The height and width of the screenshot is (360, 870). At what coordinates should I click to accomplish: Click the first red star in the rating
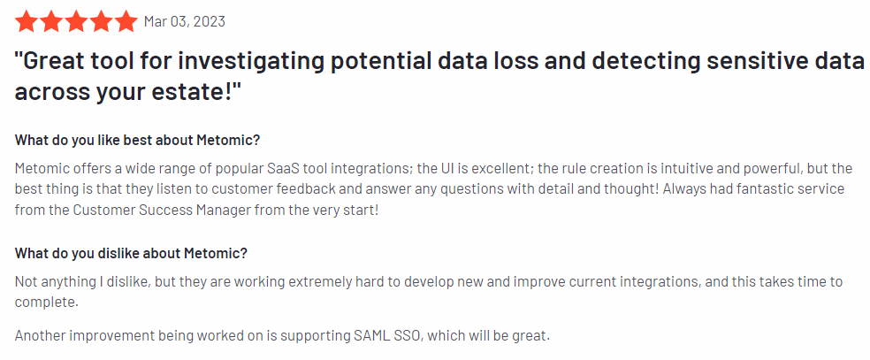pos(27,20)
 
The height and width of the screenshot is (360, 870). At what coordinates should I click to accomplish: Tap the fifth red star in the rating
pos(126,20)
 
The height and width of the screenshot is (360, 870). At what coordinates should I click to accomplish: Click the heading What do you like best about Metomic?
pos(138,140)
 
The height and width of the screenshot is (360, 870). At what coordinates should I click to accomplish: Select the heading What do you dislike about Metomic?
pos(131,253)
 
